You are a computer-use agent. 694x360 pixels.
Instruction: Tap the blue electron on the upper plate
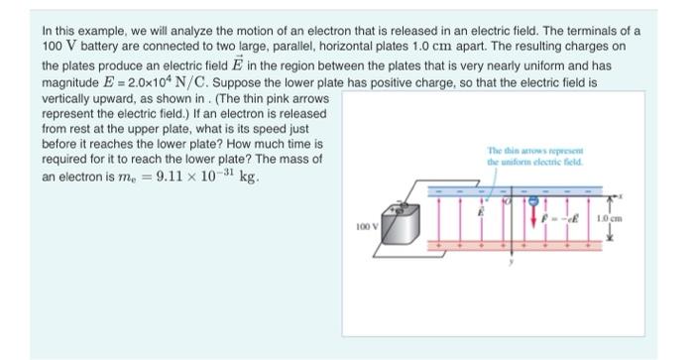[x=535, y=199]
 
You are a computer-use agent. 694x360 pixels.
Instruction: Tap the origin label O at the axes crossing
[x=505, y=201]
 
